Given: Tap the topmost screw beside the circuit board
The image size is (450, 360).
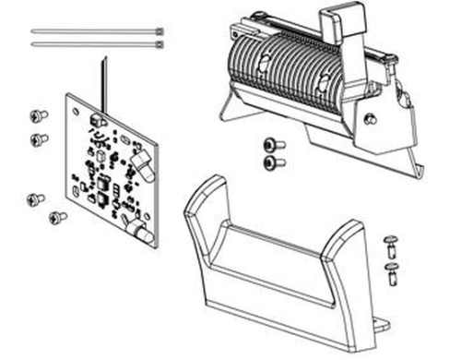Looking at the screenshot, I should (39, 115).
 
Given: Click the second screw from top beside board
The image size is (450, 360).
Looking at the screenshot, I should (39, 139).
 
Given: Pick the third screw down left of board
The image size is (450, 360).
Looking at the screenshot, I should (35, 198).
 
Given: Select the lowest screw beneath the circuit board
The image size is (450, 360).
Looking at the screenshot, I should (57, 217).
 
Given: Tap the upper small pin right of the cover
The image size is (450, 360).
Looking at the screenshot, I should (389, 244).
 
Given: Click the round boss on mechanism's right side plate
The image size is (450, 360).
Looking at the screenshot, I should (369, 118).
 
